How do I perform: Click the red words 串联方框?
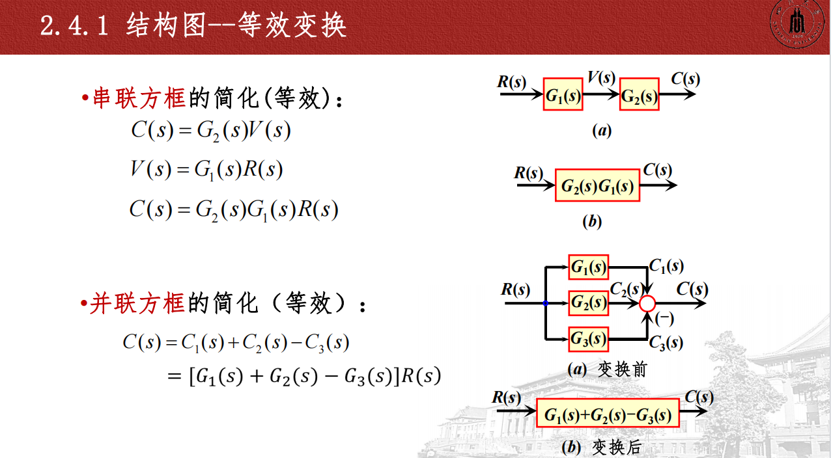click(x=139, y=99)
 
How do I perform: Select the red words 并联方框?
click(x=137, y=304)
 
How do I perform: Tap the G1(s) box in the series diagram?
click(x=563, y=94)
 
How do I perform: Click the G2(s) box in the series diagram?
click(x=639, y=94)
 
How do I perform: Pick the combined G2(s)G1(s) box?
click(x=597, y=185)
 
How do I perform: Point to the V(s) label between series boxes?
click(x=600, y=78)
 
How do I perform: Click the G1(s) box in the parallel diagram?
click(x=589, y=267)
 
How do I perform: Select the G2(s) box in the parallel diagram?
click(x=589, y=303)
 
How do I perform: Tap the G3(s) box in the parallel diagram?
click(x=589, y=338)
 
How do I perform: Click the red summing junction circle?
click(x=647, y=303)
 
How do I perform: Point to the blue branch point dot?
click(x=545, y=303)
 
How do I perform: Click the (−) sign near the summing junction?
click(x=664, y=318)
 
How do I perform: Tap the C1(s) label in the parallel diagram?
click(x=666, y=266)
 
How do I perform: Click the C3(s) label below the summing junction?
click(x=666, y=343)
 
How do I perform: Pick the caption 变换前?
click(x=623, y=370)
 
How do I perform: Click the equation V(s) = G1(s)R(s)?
click(x=206, y=170)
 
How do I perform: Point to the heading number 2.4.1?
click(x=74, y=27)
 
